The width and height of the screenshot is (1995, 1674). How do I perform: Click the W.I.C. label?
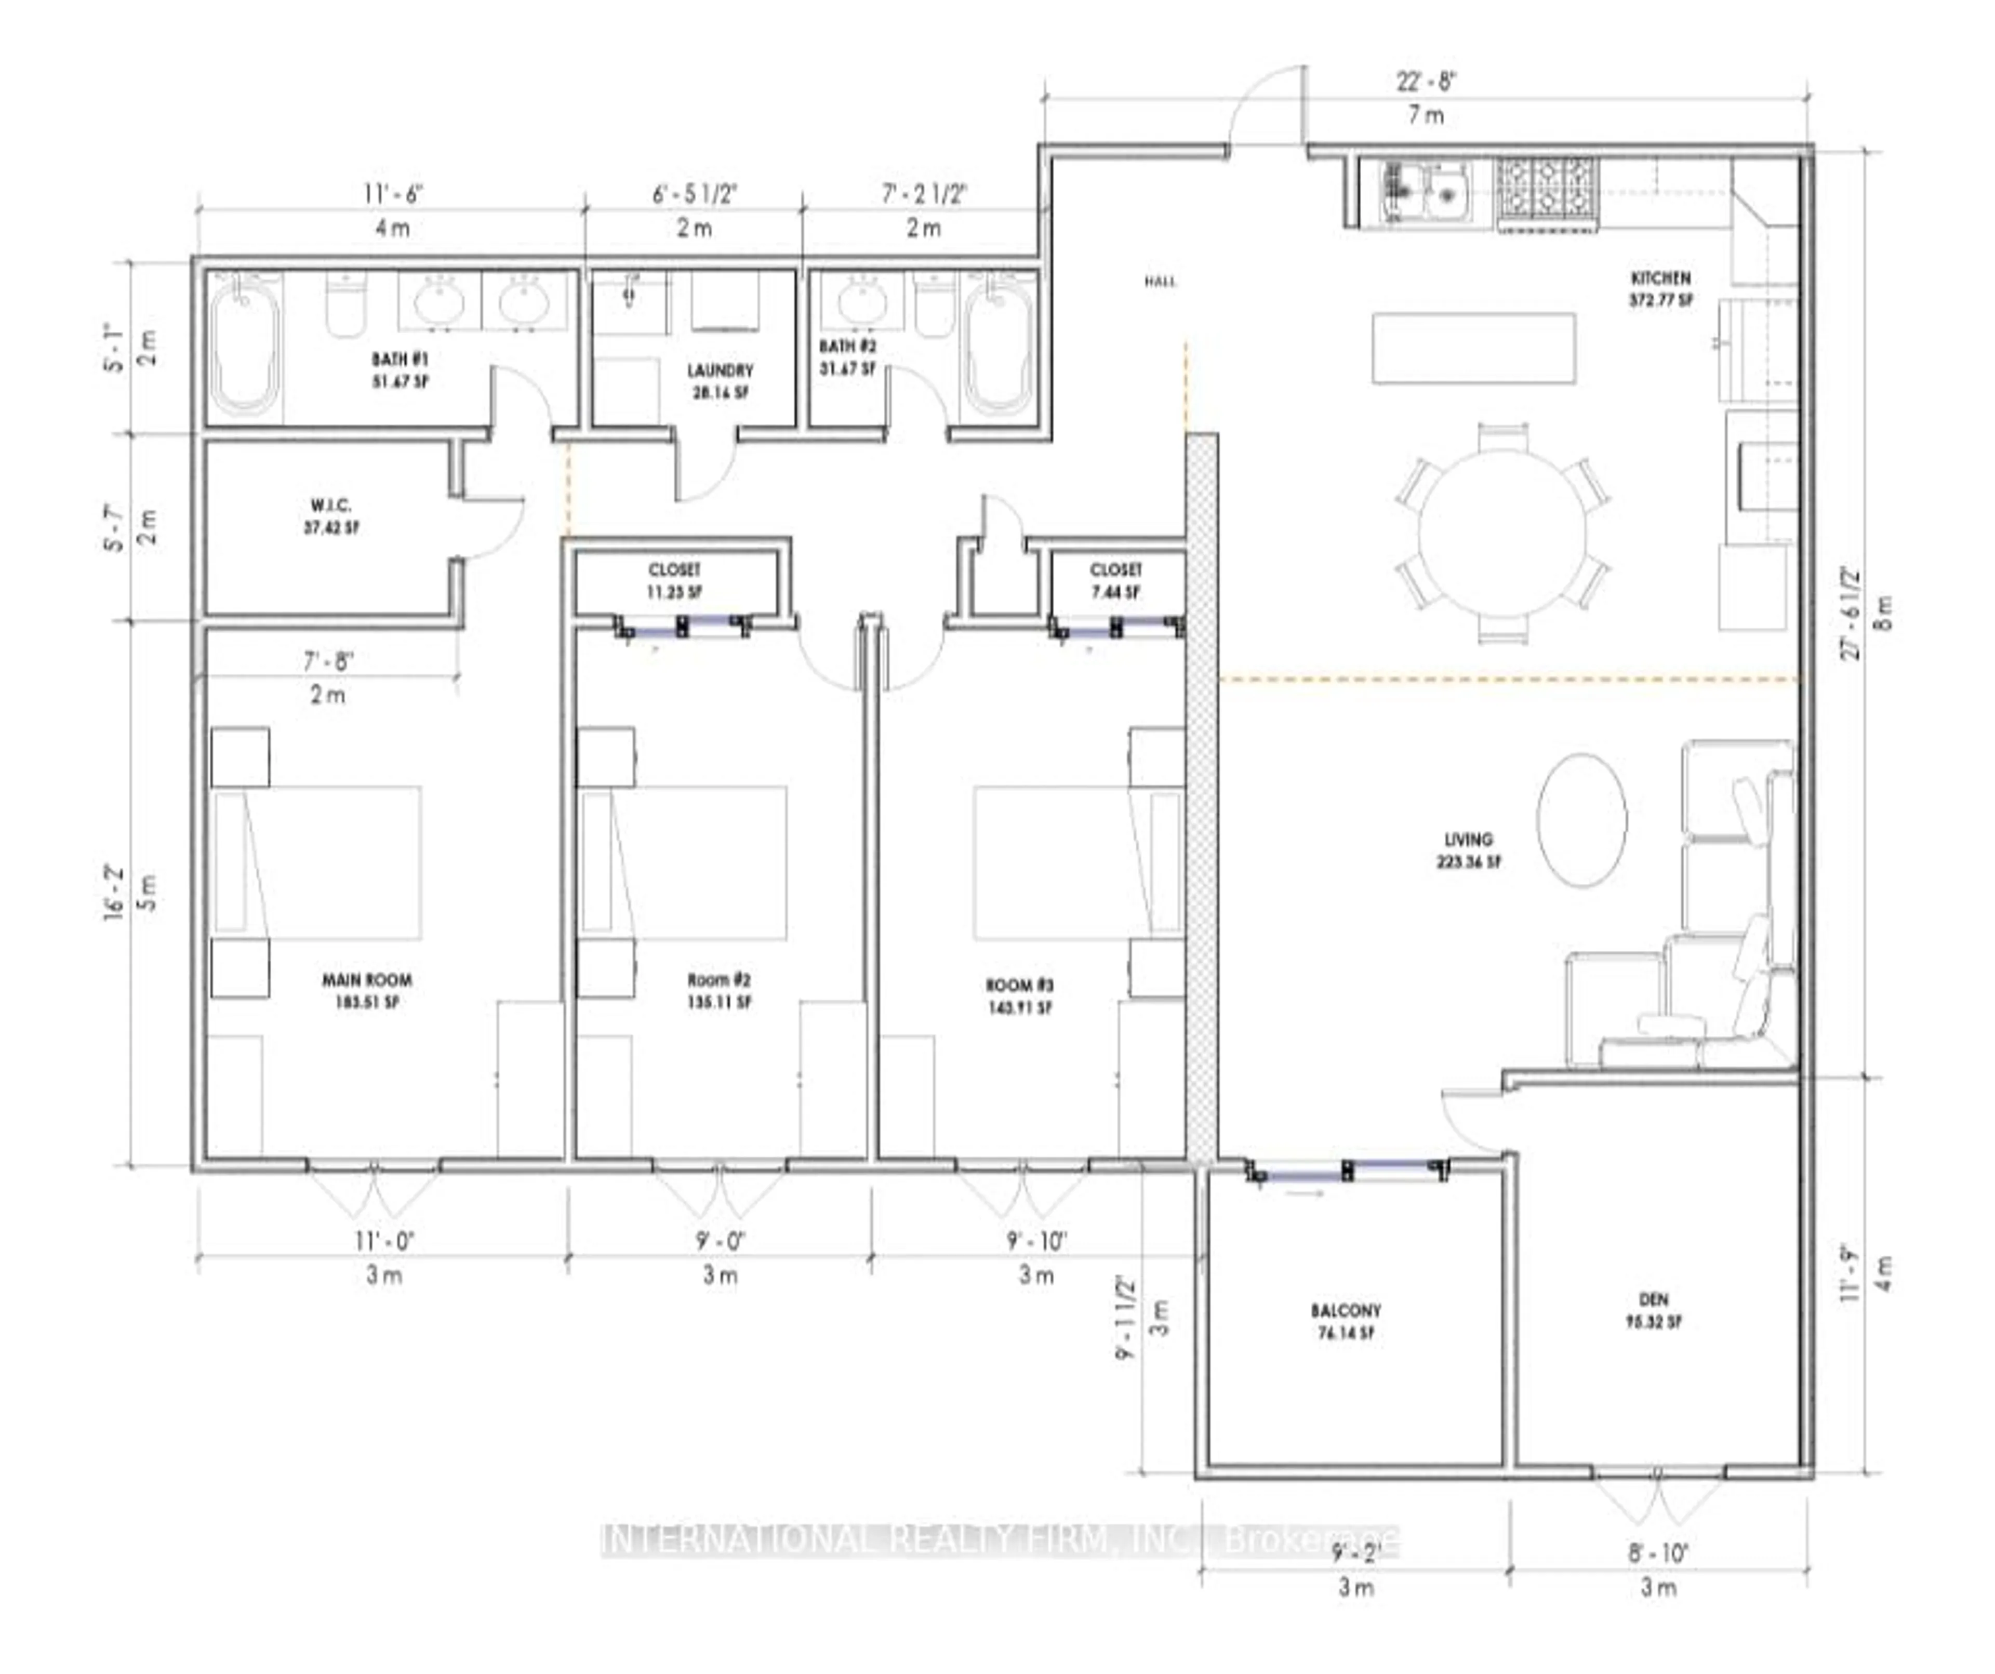coord(330,504)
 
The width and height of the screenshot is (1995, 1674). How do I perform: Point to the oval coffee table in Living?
coord(1582,820)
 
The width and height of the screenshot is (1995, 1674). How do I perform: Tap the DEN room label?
coord(1653,1299)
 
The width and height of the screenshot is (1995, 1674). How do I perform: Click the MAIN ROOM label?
coord(367,979)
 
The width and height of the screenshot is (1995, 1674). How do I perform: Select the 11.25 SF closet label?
coord(674,592)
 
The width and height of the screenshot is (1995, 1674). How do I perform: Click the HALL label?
coord(1160,281)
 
